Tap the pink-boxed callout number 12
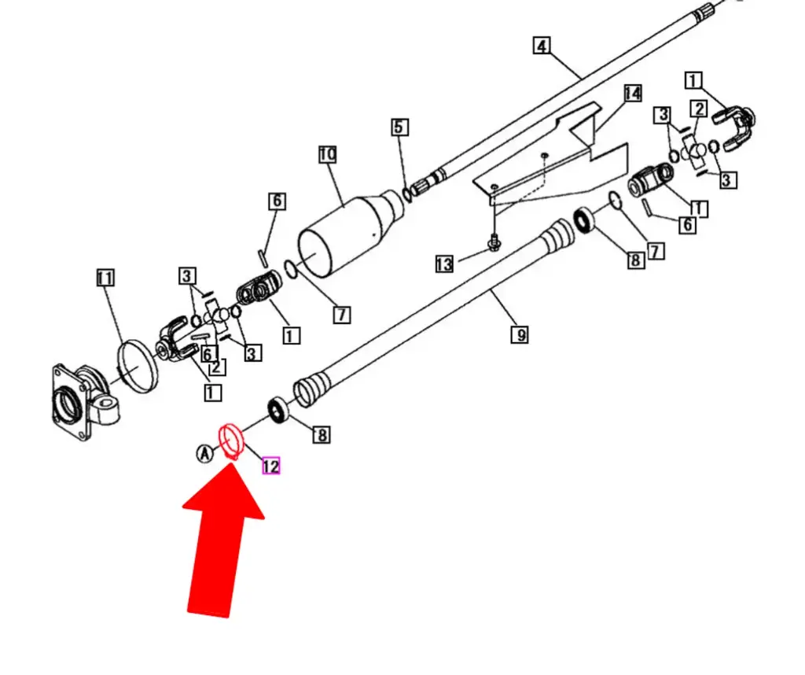(270, 466)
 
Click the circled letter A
(204, 453)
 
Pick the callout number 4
(541, 45)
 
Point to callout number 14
(632, 94)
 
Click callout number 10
(327, 154)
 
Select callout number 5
(399, 127)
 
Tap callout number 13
(444, 264)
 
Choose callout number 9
(519, 335)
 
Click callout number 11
(105, 277)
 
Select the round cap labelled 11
(135, 364)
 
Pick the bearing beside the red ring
(277, 409)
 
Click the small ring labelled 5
(406, 194)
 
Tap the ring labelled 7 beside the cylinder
(290, 270)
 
